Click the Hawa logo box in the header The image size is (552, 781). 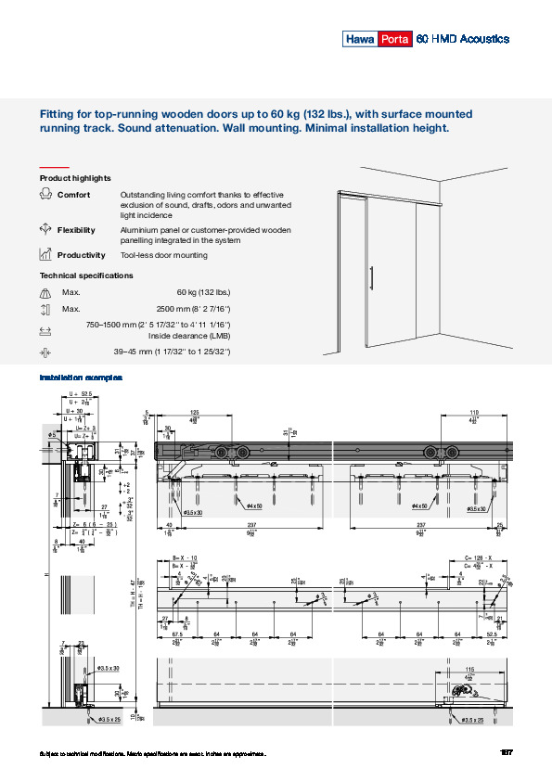(x=358, y=39)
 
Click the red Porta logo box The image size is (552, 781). (x=392, y=39)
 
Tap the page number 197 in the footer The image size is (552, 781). (x=506, y=752)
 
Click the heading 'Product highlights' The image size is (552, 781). (x=75, y=177)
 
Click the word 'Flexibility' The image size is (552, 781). (x=76, y=230)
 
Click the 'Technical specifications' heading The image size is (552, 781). (x=86, y=275)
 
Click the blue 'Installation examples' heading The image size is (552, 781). (x=81, y=378)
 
